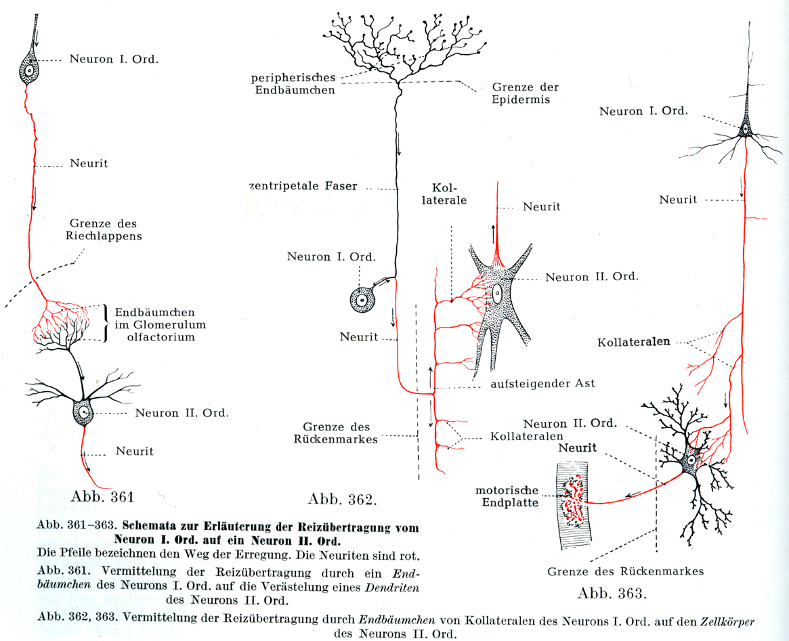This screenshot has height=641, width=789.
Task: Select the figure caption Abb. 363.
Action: point(612,594)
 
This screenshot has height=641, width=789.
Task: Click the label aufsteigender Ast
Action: point(542,383)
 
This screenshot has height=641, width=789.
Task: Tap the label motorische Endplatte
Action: point(507,496)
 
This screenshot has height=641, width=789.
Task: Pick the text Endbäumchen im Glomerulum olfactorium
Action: point(160,324)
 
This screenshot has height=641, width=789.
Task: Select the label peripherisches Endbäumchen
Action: point(293,83)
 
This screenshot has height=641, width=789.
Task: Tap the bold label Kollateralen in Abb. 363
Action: point(634,342)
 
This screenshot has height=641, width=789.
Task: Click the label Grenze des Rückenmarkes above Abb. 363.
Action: point(625,571)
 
